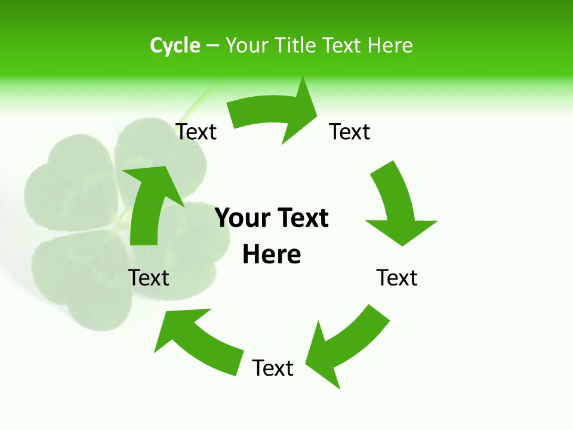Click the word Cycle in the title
(x=175, y=45)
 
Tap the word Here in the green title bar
(x=390, y=45)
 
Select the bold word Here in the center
(x=272, y=255)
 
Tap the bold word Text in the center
(x=301, y=219)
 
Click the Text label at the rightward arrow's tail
(x=196, y=131)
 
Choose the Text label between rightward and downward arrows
(x=350, y=131)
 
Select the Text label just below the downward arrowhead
(x=397, y=278)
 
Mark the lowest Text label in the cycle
(x=273, y=368)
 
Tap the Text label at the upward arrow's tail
(x=149, y=278)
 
